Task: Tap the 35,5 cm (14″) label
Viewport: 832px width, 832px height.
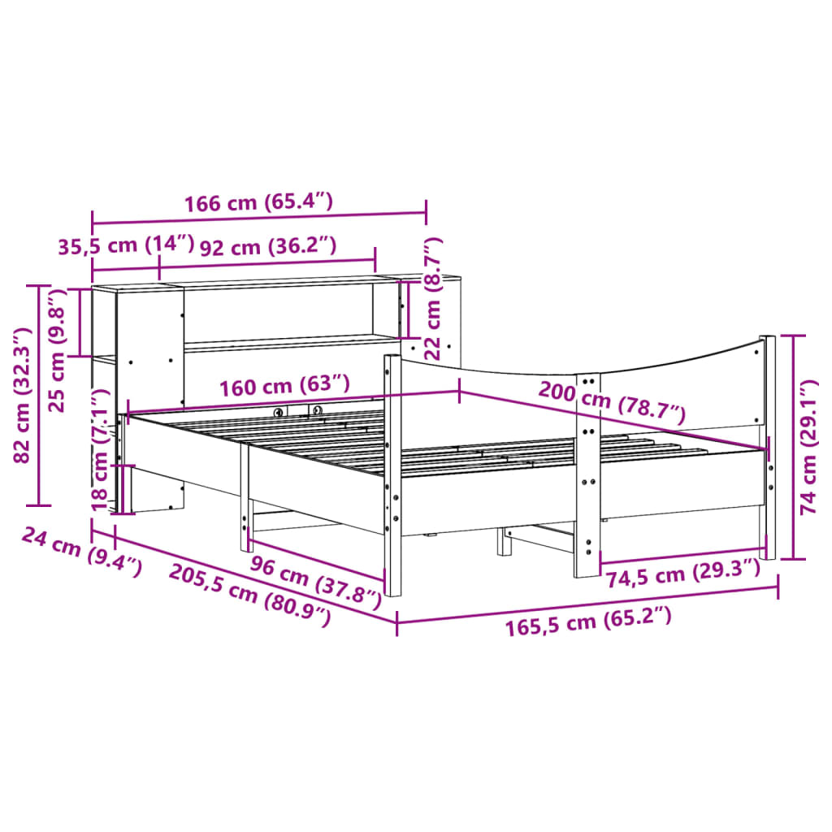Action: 126,245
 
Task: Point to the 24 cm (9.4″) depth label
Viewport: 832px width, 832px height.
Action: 81,550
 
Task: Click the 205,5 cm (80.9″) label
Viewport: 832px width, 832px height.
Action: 250,595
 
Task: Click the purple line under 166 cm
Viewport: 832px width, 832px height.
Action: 258,218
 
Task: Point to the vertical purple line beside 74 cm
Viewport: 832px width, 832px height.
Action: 793,447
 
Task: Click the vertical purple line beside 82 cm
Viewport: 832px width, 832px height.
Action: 38,395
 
